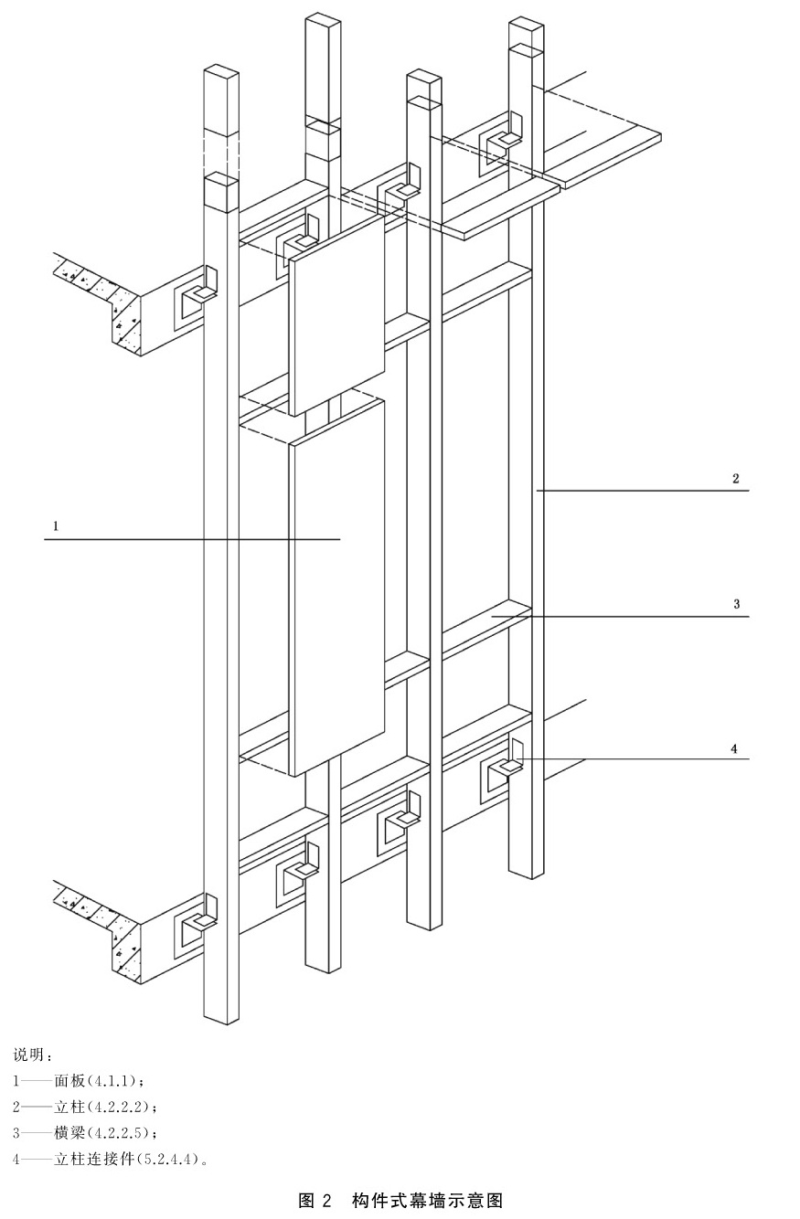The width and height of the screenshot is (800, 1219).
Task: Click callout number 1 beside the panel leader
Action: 55,525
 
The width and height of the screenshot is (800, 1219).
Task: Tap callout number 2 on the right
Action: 736,478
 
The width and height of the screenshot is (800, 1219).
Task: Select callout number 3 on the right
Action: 736,603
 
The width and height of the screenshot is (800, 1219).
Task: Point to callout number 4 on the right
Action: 734,748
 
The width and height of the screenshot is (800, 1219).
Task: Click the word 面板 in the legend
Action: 69,1080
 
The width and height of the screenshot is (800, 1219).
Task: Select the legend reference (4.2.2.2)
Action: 122,1107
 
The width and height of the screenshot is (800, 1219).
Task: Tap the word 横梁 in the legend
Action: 69,1133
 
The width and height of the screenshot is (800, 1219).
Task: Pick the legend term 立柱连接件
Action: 93,1159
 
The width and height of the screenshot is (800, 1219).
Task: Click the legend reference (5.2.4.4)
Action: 169,1159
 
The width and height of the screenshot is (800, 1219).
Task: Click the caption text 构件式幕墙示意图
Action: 427,1200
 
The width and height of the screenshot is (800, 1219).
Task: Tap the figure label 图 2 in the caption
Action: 315,1200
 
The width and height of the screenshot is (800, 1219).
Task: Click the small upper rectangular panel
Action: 336,315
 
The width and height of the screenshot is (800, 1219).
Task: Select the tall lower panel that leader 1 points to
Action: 336,588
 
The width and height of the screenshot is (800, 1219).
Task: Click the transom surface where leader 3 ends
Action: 492,616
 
